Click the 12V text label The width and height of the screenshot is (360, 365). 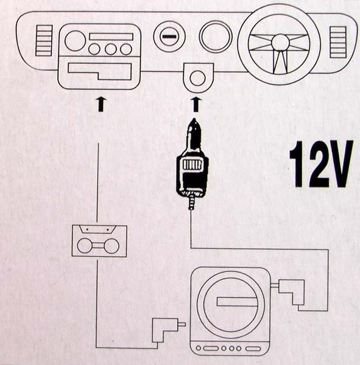(x=321, y=164)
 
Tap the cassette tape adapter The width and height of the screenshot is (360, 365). (x=99, y=241)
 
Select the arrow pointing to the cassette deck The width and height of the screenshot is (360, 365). (x=101, y=104)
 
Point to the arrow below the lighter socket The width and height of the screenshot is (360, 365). (x=196, y=105)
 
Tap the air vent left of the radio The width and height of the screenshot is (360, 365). (x=44, y=41)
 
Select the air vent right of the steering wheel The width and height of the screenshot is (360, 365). (x=338, y=42)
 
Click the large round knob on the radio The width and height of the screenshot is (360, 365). (x=75, y=41)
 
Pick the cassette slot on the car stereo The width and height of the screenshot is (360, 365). (x=100, y=71)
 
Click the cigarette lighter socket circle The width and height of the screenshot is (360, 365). (x=197, y=78)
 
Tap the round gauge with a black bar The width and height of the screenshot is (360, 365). (x=169, y=36)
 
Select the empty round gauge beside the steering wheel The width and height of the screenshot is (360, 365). (x=216, y=36)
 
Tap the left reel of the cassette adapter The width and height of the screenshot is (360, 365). (x=85, y=246)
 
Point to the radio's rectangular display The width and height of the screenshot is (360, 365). (x=111, y=36)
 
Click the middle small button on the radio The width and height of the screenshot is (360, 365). (x=111, y=49)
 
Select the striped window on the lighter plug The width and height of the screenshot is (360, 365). (x=192, y=165)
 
